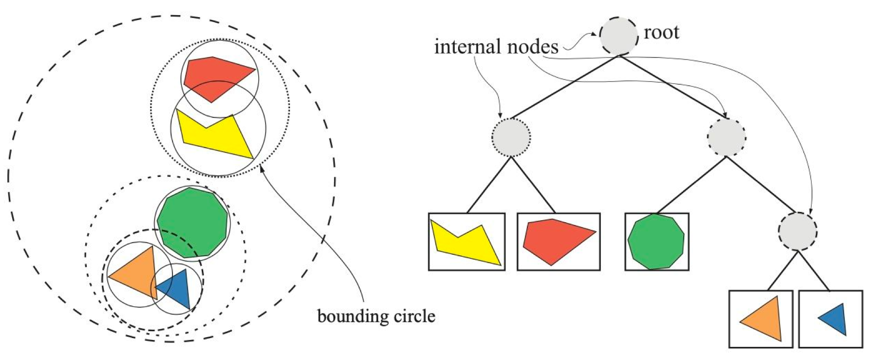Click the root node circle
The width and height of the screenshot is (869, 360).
[x=618, y=36]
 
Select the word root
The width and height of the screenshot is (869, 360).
[x=661, y=33]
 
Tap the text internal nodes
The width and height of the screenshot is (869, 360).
[x=496, y=47]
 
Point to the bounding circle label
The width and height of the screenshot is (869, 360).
[x=376, y=316]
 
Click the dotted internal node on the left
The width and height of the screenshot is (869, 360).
[x=511, y=137]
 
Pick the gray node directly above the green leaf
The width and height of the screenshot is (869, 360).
[x=726, y=137]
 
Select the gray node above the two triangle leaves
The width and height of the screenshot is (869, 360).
[x=797, y=231]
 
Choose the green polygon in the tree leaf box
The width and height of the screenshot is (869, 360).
[x=656, y=242]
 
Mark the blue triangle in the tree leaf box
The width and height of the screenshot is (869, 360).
[x=834, y=320]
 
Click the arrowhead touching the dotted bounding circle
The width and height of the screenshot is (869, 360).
[x=262, y=169]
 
